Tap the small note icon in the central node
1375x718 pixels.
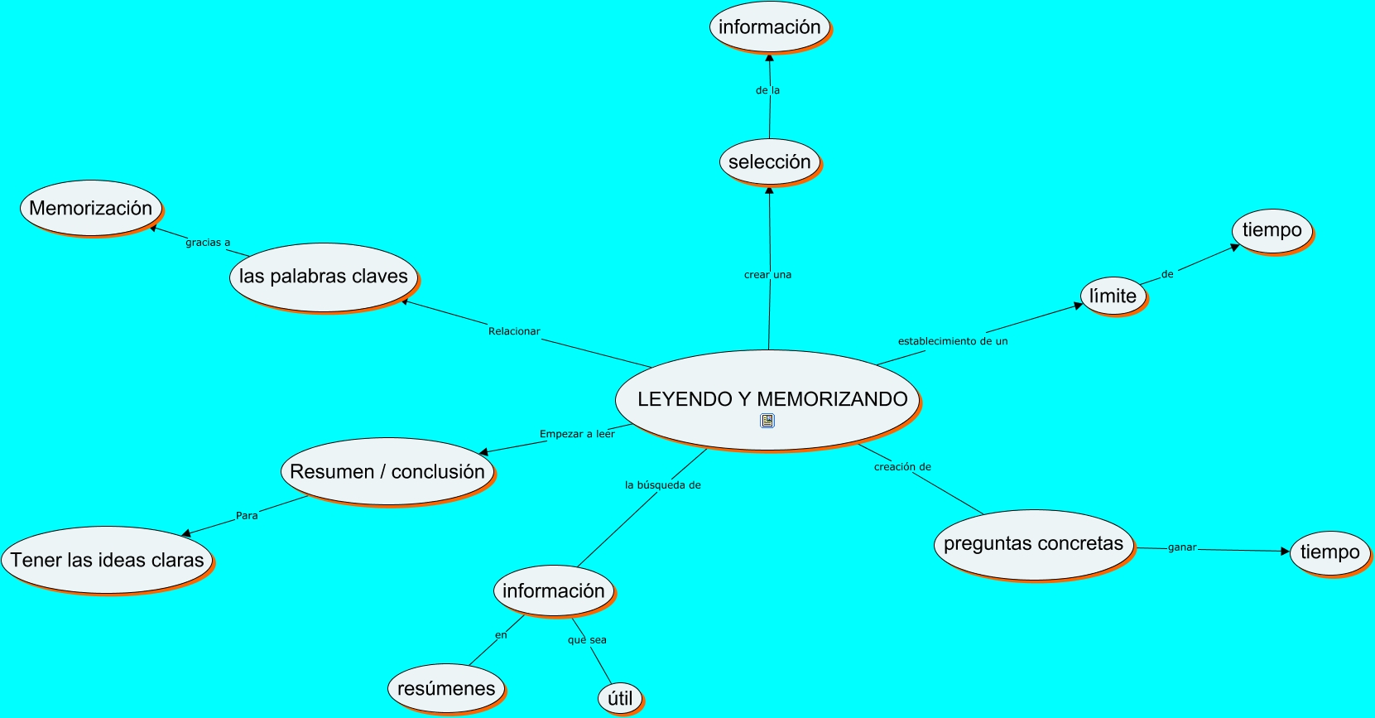[x=767, y=421]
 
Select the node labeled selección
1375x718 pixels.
[x=769, y=161]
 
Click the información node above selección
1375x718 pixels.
[x=769, y=27]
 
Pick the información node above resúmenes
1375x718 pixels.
[x=553, y=590]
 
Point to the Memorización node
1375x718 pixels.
[x=90, y=208]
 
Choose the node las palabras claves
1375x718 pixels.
[x=323, y=277]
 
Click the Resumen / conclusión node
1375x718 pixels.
[x=387, y=471]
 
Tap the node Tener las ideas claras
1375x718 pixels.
[x=107, y=560]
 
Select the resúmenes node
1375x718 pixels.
[x=445, y=688]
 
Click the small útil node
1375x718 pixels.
[x=620, y=698]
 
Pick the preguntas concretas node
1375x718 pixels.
[x=1033, y=544]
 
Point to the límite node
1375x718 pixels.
[x=1113, y=296]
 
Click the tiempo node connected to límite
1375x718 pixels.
[x=1272, y=230]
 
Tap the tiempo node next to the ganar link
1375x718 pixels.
[x=1329, y=552]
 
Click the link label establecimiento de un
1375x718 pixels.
[x=953, y=341]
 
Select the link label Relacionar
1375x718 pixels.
[x=514, y=331]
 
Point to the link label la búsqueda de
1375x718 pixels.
[x=662, y=485]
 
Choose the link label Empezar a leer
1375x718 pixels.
[x=577, y=434]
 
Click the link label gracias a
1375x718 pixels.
[x=208, y=243]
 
